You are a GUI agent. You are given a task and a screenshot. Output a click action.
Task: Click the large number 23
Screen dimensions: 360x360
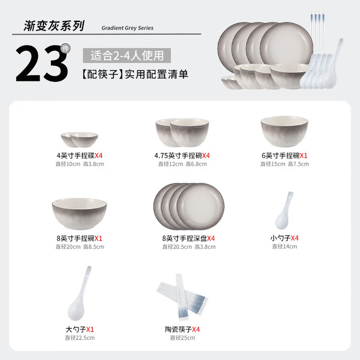42,63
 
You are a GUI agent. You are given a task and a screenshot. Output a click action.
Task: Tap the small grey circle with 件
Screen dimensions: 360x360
65,48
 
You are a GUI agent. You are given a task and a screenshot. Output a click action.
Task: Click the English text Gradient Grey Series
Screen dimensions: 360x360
127,28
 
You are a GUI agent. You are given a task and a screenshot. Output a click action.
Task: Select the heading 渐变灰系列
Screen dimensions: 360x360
54,26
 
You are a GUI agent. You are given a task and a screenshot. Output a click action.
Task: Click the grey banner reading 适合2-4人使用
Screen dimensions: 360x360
127,56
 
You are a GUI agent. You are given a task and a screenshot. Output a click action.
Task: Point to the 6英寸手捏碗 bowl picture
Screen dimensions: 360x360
284,132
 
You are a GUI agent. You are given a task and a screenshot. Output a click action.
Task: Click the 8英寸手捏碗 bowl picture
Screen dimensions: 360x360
79,214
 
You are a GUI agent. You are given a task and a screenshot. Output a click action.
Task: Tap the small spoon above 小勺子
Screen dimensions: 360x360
284,211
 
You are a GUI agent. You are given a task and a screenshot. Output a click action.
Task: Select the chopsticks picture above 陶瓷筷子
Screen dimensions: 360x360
182,297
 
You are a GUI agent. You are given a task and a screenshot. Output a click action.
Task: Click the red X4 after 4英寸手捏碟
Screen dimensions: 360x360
99,156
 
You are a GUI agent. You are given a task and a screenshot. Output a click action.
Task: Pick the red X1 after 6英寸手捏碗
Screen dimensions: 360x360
303,156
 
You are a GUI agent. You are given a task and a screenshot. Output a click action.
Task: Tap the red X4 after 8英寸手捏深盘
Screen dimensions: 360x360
211,239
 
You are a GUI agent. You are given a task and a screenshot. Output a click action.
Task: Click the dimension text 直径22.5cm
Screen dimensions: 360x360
80,338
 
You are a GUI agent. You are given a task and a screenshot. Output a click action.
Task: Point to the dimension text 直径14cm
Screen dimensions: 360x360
285,246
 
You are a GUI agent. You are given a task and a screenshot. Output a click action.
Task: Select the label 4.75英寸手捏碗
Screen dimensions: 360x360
178,156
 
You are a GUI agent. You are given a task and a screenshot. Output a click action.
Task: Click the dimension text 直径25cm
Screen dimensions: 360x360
182,338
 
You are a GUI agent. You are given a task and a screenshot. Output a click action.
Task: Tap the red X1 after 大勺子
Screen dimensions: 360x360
90,330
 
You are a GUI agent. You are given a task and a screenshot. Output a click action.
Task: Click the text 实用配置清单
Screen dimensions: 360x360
156,74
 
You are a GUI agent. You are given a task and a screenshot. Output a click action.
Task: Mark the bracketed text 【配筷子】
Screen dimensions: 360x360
103,74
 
